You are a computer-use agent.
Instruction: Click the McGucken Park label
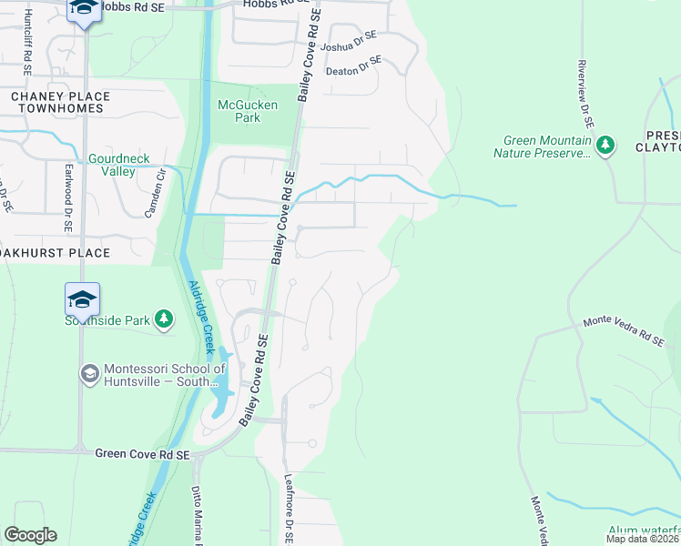coord(248,111)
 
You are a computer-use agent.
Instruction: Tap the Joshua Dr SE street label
coord(351,47)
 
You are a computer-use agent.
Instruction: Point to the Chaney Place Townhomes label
coord(60,103)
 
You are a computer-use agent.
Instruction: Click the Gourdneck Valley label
coord(117,165)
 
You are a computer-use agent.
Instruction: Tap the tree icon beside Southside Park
coord(163,318)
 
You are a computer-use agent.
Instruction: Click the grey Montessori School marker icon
coord(89,373)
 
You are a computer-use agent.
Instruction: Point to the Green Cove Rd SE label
coord(143,454)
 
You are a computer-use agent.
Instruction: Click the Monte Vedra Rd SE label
coord(624,330)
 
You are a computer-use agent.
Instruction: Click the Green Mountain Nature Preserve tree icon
coord(605,145)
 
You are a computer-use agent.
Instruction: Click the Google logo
coord(30,535)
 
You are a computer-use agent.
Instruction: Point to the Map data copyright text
coord(642,539)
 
